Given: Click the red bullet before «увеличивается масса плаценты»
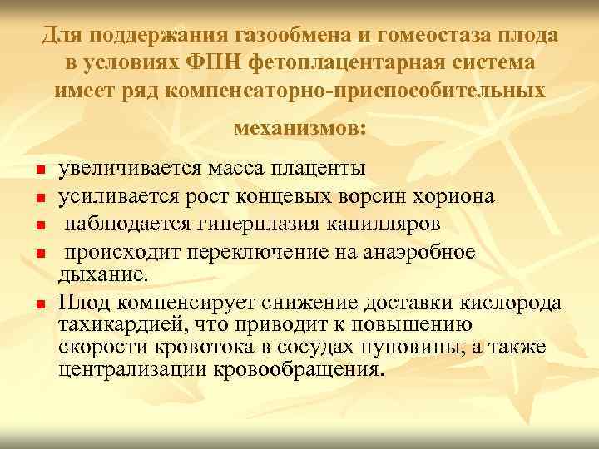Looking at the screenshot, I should pyautogui.click(x=38, y=172).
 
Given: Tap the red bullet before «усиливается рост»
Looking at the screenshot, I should pyautogui.click(x=38, y=199).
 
